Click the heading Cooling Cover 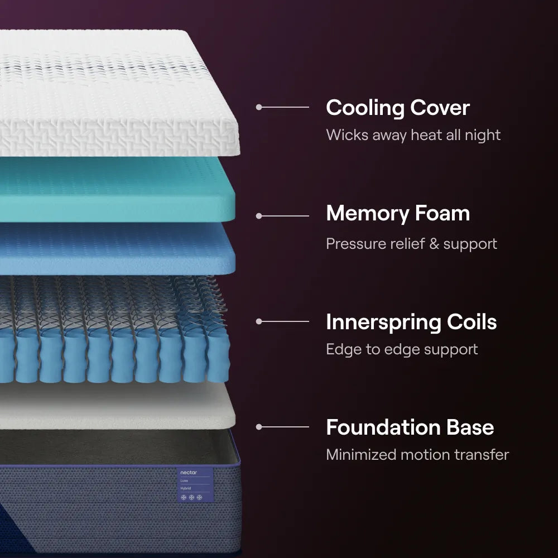(397, 108)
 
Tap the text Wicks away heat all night (413, 135)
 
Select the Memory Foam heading (397, 213)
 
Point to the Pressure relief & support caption (411, 244)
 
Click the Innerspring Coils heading (411, 322)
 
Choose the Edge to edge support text (402, 349)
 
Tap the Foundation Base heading (410, 427)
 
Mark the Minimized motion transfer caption (417, 454)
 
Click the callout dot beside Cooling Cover (259, 107)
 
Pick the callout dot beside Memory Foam (259, 215)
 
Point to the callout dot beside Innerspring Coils (259, 321)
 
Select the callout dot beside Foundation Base (259, 427)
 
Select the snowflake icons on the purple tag (191, 497)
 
